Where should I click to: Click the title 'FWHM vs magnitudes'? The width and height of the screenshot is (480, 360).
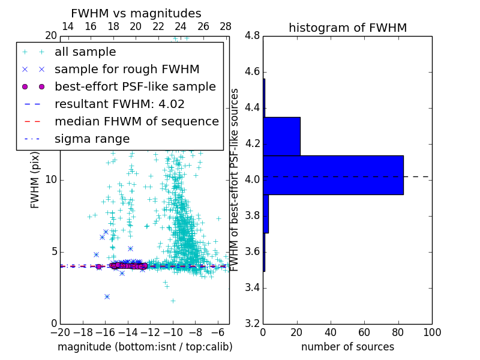click(x=136, y=13)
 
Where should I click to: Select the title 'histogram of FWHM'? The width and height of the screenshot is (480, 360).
click(x=347, y=28)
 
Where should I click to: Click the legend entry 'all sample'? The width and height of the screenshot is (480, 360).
click(x=85, y=52)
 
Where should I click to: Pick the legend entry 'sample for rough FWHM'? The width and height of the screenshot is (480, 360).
click(x=127, y=70)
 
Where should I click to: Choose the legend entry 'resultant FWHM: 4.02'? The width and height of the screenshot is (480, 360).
click(x=119, y=104)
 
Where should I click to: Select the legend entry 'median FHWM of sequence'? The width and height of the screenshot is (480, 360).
click(x=136, y=122)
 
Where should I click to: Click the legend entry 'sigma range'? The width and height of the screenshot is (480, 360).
click(x=92, y=139)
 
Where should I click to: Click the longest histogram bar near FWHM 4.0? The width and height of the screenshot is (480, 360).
click(x=333, y=175)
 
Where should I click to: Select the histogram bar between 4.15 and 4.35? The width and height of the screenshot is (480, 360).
click(x=281, y=136)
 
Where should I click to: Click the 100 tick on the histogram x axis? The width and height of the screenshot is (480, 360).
click(x=432, y=332)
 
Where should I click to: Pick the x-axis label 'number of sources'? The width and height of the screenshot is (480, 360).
click(x=347, y=347)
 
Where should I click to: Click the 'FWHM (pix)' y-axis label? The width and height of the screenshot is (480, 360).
click(x=35, y=179)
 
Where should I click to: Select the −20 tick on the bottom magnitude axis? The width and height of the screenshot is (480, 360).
click(x=60, y=332)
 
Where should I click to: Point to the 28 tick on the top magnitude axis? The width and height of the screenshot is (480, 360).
click(x=226, y=26)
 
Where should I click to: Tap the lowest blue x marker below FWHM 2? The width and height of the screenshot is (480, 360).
click(x=107, y=296)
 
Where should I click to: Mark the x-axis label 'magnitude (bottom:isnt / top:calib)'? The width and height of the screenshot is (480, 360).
click(x=145, y=347)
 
